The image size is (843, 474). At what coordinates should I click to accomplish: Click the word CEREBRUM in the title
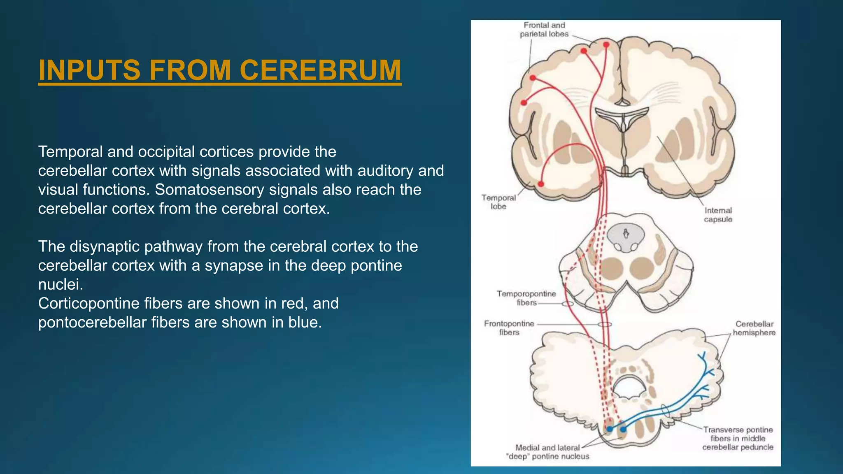320,70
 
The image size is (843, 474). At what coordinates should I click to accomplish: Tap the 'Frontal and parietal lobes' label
544,30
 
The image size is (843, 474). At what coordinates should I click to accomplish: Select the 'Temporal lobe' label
498,202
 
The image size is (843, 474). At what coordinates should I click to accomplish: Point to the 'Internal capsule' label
718,215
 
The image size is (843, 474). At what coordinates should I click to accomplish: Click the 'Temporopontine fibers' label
526,298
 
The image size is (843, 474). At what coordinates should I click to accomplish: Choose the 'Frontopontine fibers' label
509,328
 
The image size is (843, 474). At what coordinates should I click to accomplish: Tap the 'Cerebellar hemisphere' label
754,328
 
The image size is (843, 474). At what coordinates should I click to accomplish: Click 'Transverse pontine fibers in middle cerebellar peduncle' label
738,438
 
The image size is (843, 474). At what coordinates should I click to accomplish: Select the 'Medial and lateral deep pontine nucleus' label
547,452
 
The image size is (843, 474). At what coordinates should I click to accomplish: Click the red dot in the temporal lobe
541,184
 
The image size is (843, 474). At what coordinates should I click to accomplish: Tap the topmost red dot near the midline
606,44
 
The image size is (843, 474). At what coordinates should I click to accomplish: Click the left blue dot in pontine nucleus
610,429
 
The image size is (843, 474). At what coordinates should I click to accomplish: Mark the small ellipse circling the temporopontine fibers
568,304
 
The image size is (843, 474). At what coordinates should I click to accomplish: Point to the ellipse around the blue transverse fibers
665,410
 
